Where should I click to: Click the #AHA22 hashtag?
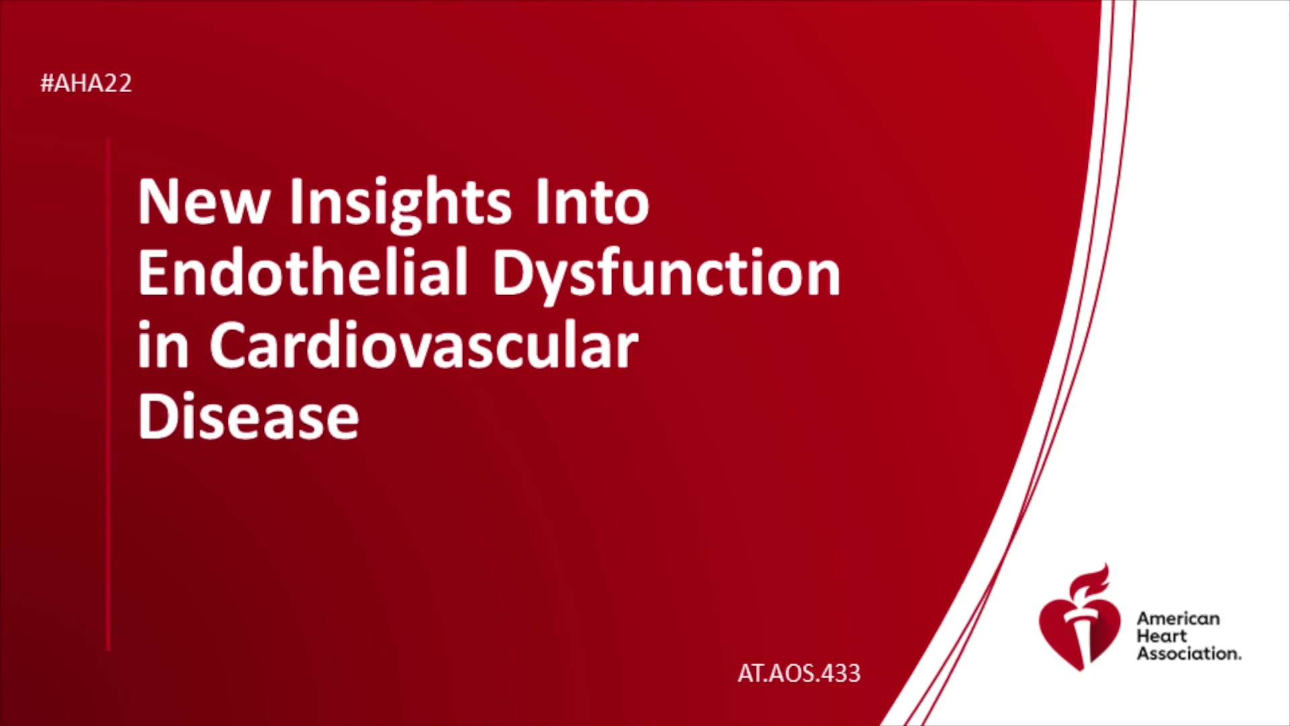pos(86,83)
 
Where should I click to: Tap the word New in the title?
pos(204,201)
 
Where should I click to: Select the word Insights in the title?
pos(400,204)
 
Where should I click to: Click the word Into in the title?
pos(592,201)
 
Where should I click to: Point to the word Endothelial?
pos(303,272)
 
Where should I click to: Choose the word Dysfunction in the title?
pos(666,274)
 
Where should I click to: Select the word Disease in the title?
pos(249,416)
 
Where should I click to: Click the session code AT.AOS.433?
pos(799,674)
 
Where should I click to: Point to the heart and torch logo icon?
pos(1080,617)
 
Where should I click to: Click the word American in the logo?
pos(1178,618)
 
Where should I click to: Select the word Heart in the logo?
pos(1162,636)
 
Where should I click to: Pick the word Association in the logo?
pos(1189,653)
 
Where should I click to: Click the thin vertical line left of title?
pos(108,394)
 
